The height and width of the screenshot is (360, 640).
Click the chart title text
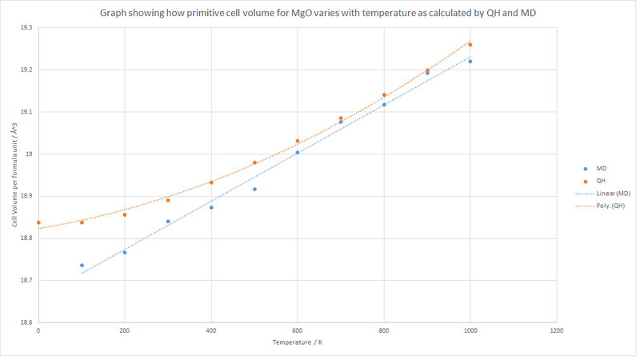coord(319,14)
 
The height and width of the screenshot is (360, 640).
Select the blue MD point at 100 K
coord(82,265)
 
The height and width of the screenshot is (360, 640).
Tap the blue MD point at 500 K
coord(254,189)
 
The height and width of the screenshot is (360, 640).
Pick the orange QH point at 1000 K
coord(470,45)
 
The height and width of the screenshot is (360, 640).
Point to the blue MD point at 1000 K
coord(470,62)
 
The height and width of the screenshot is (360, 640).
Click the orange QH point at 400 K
coord(211,182)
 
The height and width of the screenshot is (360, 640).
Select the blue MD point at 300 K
coord(168,222)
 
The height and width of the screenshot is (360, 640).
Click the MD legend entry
coord(596,169)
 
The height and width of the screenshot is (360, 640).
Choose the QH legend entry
coord(596,181)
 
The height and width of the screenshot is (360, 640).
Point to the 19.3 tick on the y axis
coord(26,28)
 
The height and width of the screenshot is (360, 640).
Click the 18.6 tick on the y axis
coord(26,322)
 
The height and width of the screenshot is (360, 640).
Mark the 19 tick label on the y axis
coord(29,154)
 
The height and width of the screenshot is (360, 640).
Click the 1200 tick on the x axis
coord(557,330)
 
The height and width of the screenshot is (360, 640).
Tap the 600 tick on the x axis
coord(298,330)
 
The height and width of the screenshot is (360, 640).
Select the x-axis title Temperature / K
coord(297,343)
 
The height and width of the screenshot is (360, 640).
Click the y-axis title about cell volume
coord(14,176)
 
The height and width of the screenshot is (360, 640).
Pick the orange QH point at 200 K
coord(125,214)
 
